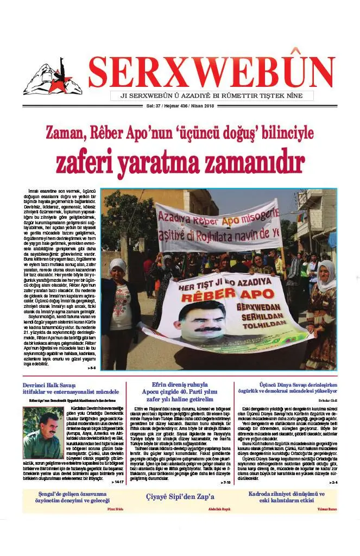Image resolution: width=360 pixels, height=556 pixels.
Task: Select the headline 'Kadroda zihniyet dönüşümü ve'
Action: tap(286, 494)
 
